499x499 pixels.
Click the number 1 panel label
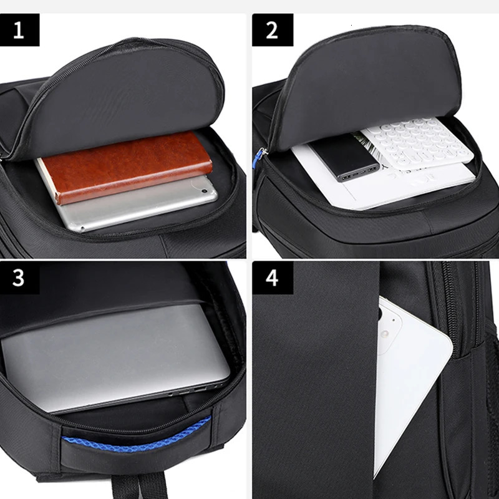19,29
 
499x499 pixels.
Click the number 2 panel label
272,29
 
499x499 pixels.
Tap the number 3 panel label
19,278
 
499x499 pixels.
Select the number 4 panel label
272,278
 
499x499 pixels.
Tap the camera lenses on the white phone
384,327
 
